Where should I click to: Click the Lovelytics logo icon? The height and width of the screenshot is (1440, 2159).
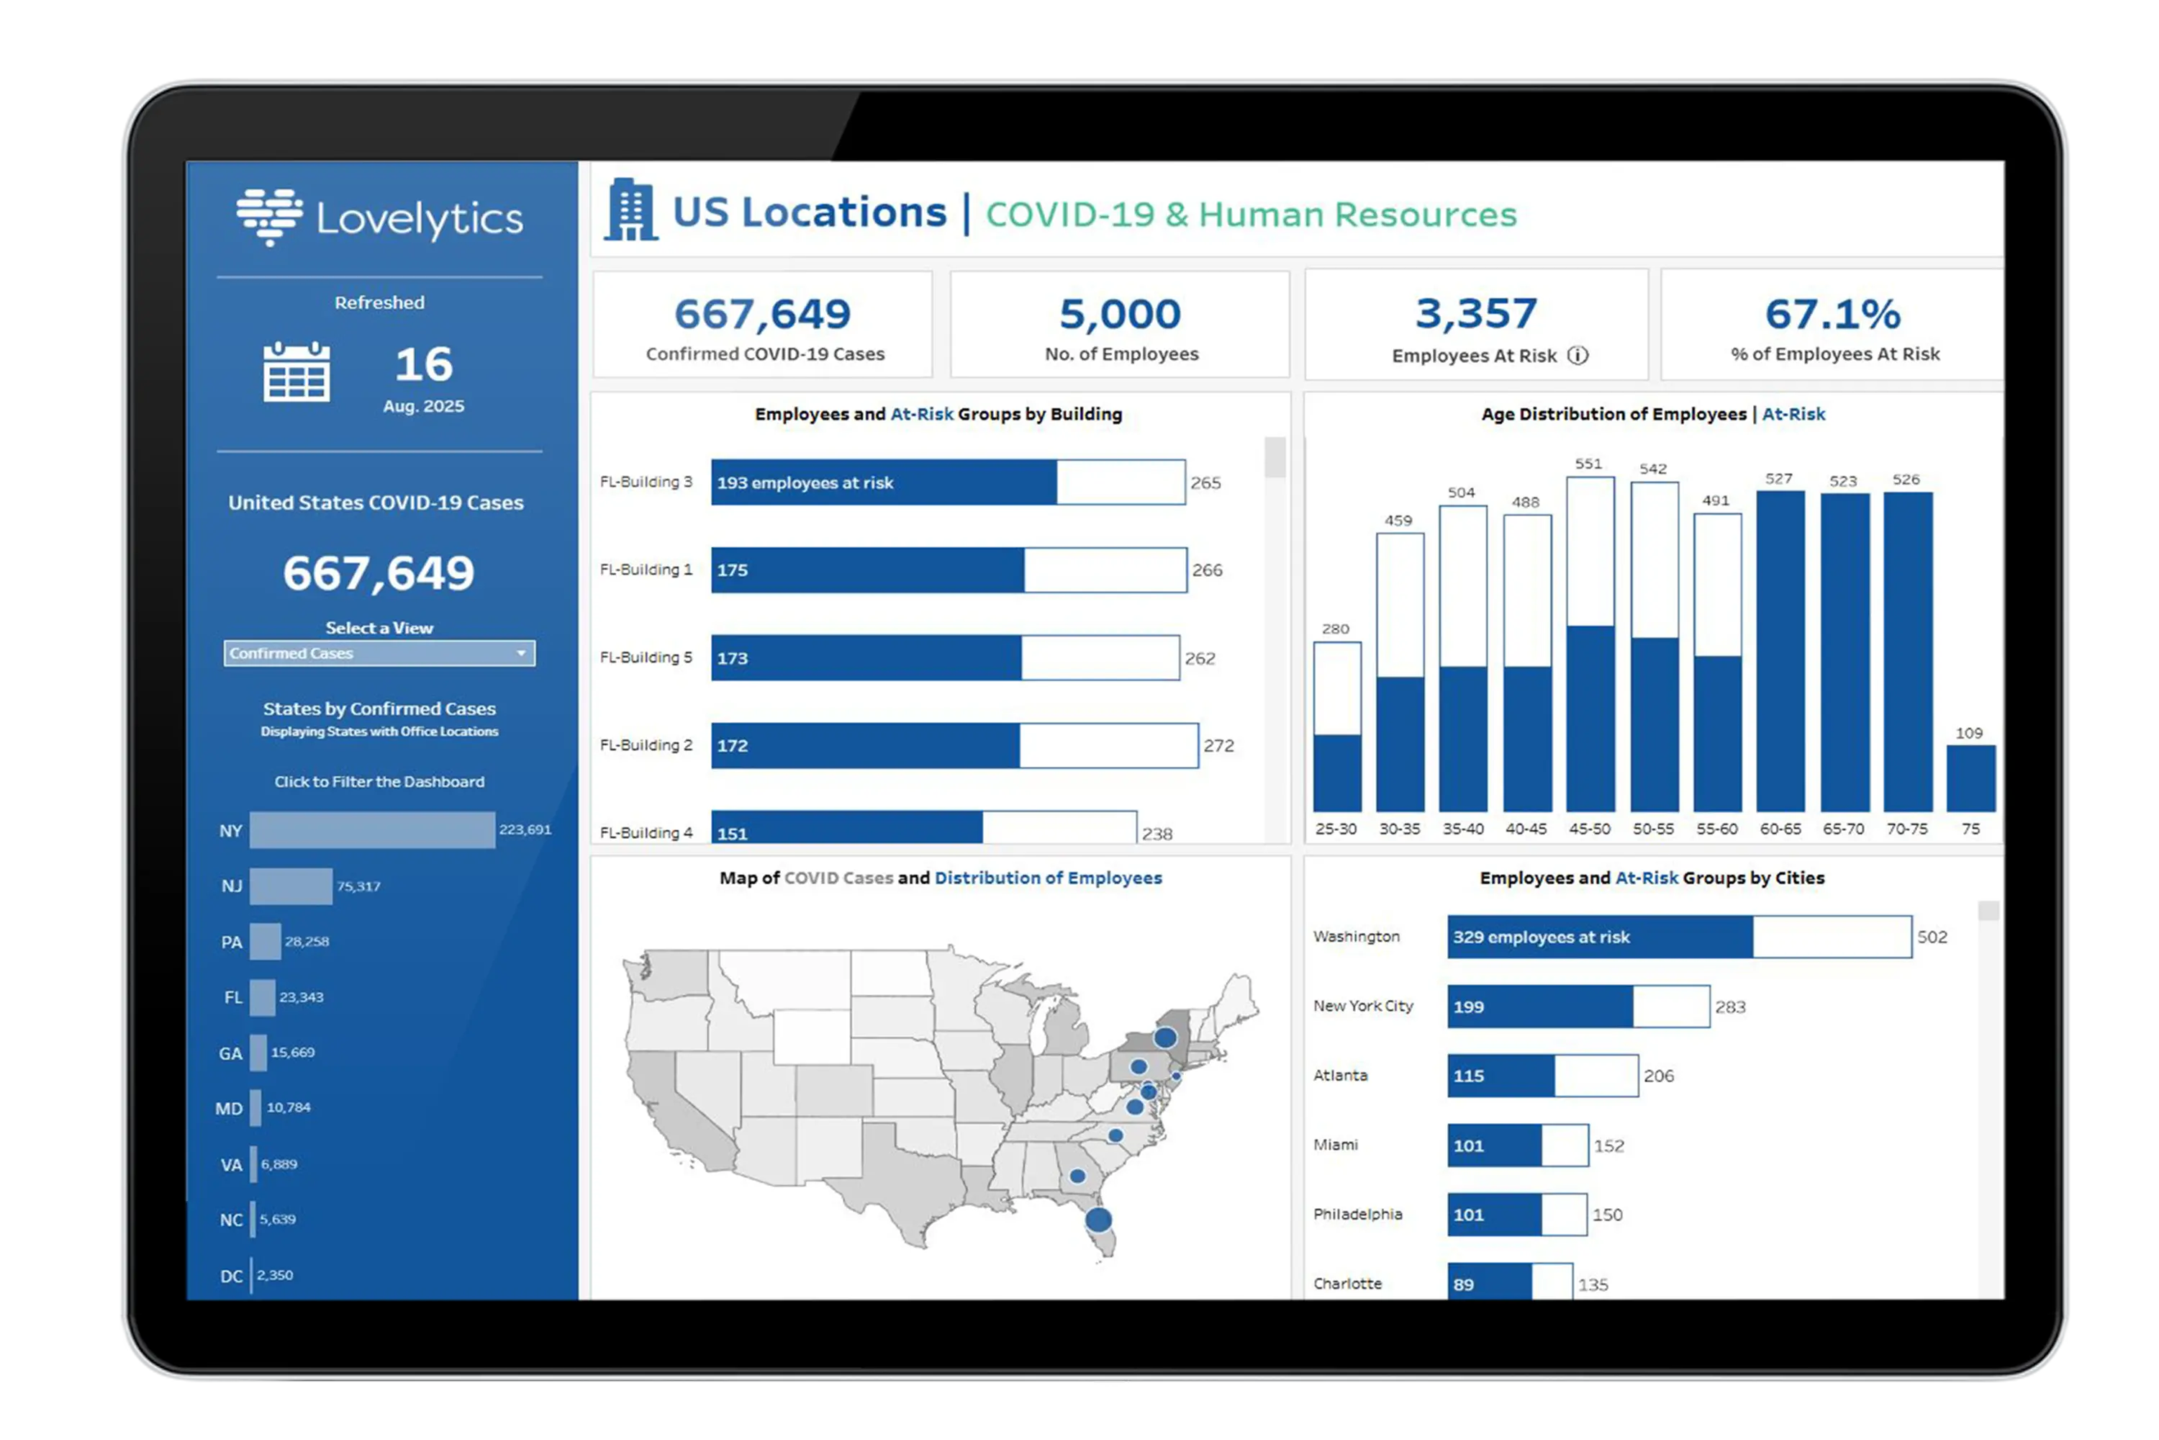[269, 217]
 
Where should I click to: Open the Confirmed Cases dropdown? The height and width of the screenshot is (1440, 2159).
[379, 653]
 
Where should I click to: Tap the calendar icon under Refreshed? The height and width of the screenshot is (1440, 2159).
[296, 372]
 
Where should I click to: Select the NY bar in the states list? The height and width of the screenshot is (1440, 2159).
[372, 830]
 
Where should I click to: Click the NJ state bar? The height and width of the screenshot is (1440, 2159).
[290, 886]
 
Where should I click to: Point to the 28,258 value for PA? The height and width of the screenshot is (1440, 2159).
[307, 941]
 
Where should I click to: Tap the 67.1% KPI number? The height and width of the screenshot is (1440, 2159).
[1832, 314]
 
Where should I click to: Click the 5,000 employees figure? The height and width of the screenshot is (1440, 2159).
[1120, 314]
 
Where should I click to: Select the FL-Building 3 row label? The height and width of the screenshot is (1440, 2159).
[646, 482]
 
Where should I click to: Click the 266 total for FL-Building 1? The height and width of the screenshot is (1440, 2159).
[1207, 570]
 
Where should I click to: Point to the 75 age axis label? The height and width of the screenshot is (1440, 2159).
[1970, 829]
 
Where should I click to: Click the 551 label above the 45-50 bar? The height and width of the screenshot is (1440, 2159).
[1588, 464]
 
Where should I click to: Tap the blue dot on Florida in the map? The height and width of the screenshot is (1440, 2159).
[1099, 1220]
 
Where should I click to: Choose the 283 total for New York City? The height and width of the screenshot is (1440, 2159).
[1730, 1007]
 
